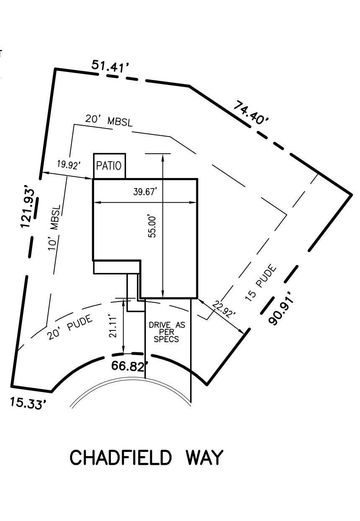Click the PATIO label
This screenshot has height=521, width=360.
109,166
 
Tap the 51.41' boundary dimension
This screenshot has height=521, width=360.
110,66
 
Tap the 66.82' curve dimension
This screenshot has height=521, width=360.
130,366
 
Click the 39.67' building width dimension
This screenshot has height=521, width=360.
145,192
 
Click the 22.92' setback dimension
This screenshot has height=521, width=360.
224,309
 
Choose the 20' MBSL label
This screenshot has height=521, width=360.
109,121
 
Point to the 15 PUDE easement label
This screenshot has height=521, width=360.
261,283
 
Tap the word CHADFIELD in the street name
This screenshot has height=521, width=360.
121,458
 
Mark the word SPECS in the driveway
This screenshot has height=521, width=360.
167,339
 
